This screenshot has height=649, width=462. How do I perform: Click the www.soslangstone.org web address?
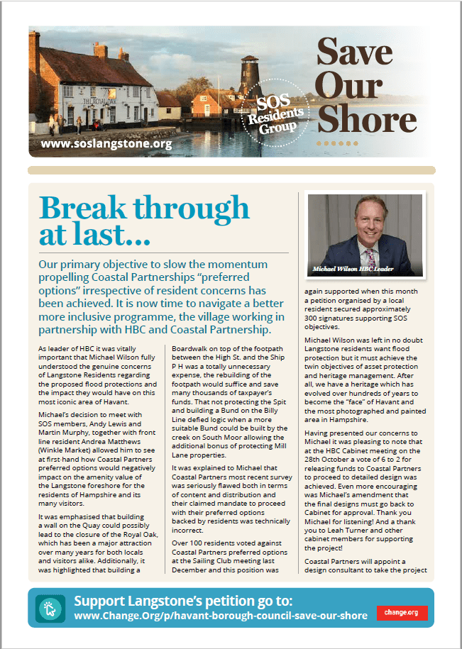[x=107, y=145]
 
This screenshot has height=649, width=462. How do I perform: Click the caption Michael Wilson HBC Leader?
[x=353, y=270]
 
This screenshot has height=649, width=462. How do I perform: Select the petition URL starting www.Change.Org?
[x=221, y=615]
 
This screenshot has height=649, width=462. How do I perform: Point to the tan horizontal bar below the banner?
[x=231, y=170]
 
